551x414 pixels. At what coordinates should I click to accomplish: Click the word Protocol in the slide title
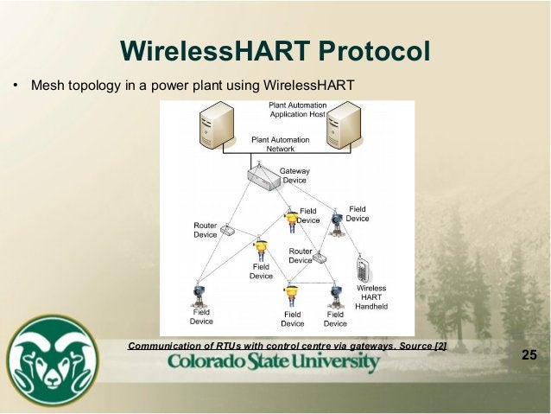(374, 51)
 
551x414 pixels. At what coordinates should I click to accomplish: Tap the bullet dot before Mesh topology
(15, 86)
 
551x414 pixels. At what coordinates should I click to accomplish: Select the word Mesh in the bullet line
(46, 86)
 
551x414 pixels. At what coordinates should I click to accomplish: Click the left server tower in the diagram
(215, 126)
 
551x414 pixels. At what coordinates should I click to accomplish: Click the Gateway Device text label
(294, 176)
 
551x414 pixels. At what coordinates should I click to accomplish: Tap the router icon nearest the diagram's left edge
(227, 230)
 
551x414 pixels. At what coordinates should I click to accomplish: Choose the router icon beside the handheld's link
(320, 258)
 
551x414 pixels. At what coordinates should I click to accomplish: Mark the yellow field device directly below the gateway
(291, 220)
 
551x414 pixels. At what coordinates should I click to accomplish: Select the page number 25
(529, 355)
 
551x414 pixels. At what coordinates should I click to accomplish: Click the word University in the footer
(329, 362)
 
